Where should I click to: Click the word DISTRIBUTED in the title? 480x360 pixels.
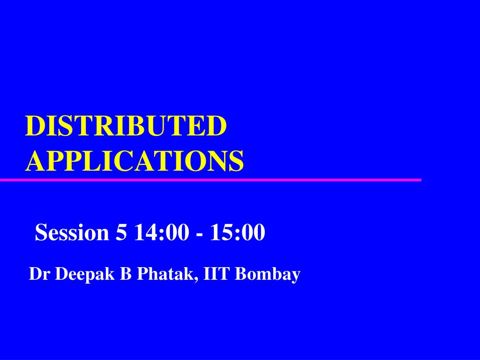(126, 126)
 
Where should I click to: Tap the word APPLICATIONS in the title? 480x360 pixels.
(135, 161)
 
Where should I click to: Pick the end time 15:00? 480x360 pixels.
(238, 232)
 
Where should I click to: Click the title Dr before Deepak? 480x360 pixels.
(37, 274)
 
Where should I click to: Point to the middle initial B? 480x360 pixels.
(126, 274)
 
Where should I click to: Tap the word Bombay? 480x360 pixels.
(267, 275)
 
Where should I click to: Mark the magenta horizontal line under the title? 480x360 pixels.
(210, 180)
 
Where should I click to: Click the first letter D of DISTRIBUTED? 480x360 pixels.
(34, 126)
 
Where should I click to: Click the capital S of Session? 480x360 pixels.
(41, 232)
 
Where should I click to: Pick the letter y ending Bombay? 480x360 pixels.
(295, 277)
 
